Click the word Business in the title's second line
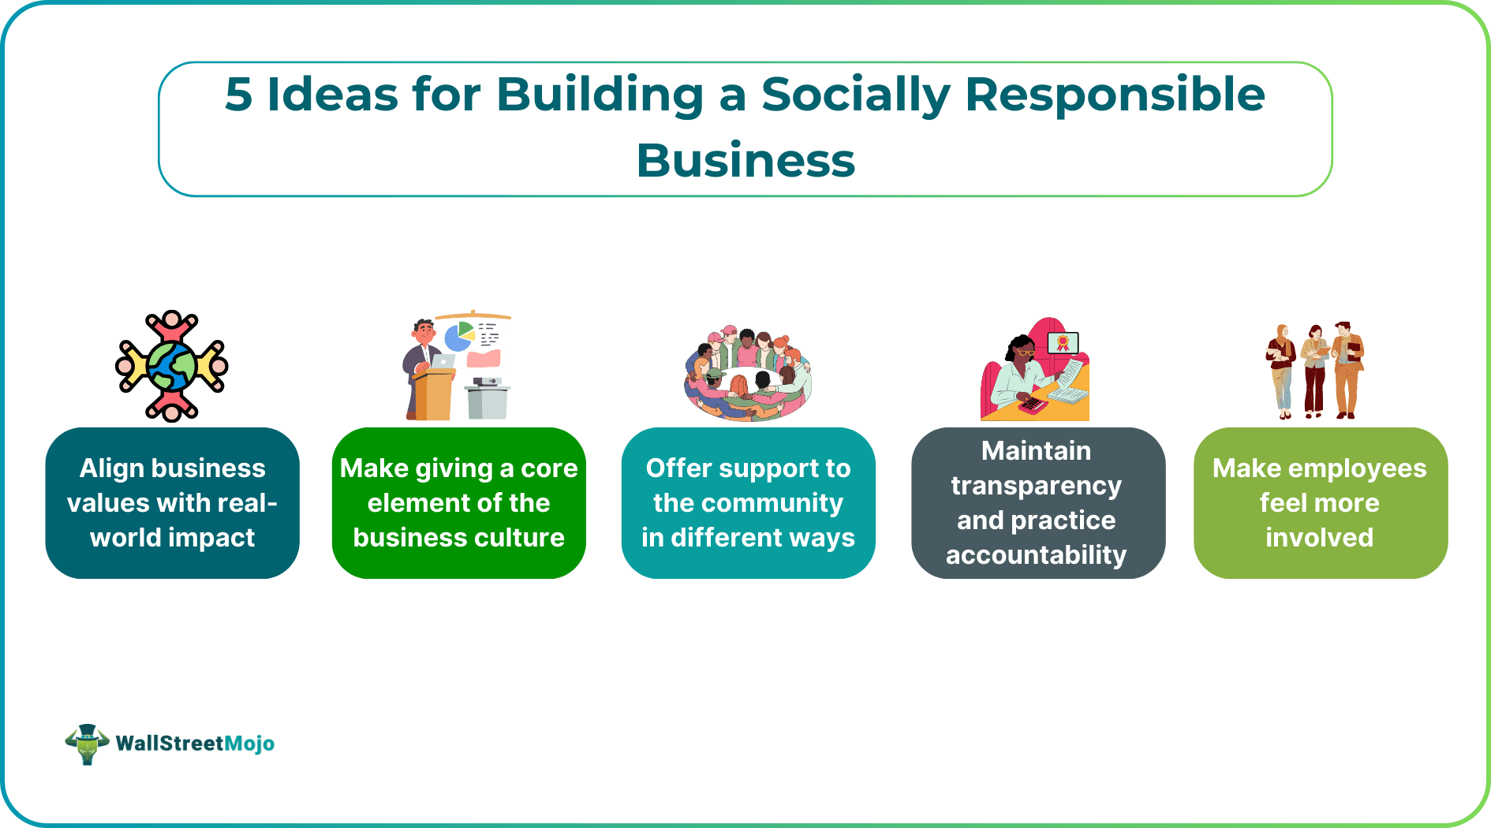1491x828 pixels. [x=745, y=160]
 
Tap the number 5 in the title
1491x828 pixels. [x=238, y=95]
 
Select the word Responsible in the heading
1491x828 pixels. [x=1115, y=95]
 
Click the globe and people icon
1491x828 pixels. [x=172, y=366]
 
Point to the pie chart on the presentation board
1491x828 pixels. [x=458, y=337]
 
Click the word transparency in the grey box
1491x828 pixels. [x=1036, y=486]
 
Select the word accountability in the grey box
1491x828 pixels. [x=1036, y=555]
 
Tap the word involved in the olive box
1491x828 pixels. [x=1319, y=538]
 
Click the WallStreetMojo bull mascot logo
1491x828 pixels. [x=87, y=744]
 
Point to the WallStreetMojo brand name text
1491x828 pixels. [x=195, y=744]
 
